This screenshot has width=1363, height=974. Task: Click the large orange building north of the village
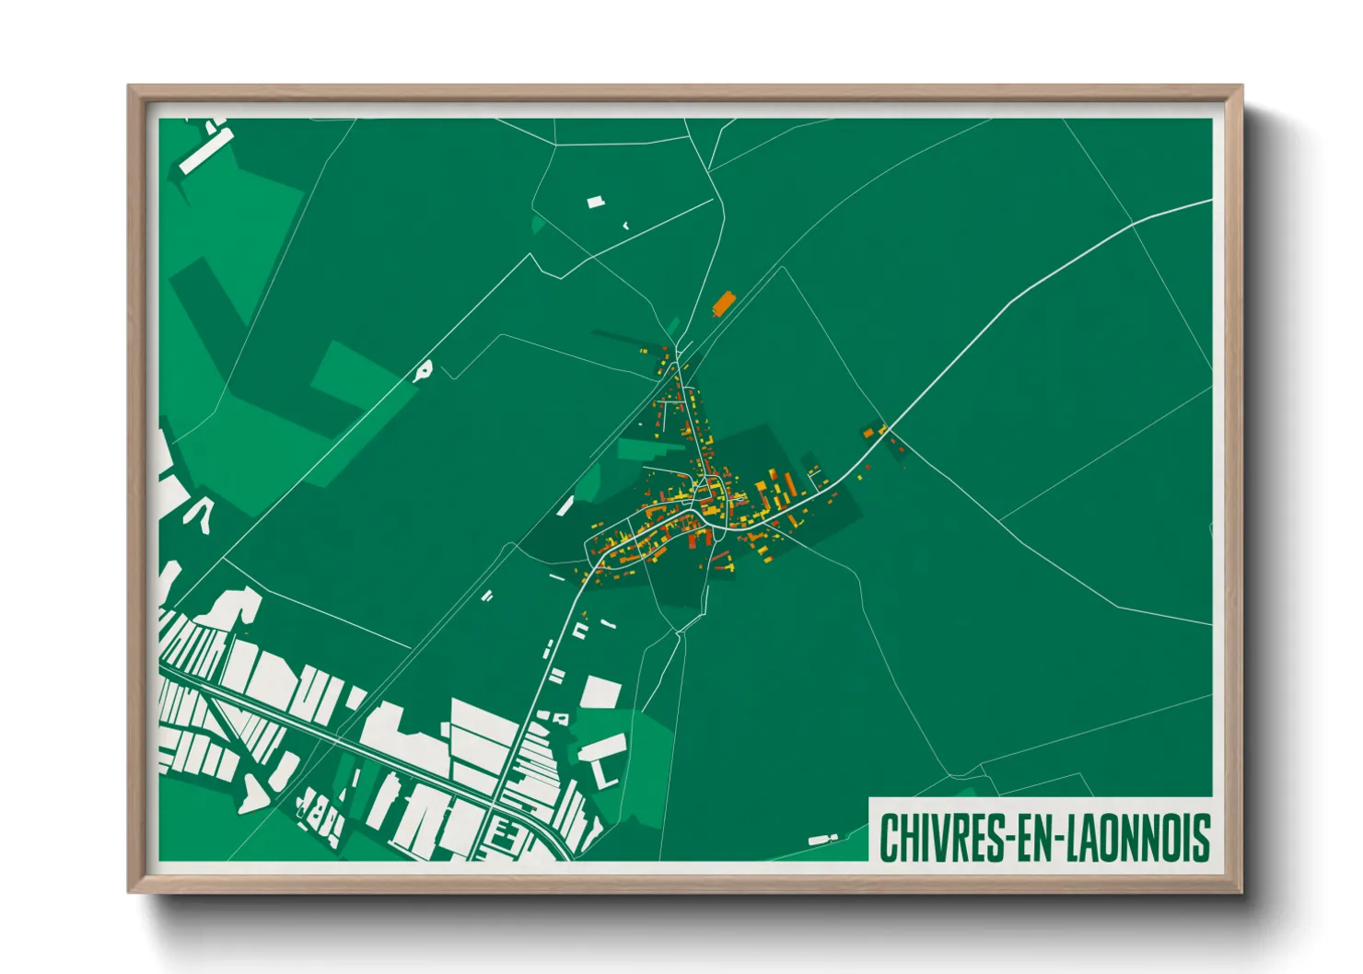(723, 303)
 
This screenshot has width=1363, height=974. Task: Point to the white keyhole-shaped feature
(423, 370)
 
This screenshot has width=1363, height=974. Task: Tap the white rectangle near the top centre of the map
(596, 202)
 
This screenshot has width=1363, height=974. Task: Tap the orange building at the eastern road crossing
(868, 431)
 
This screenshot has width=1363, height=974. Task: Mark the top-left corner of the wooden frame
(130, 87)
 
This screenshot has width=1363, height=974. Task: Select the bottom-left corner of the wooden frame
(130, 891)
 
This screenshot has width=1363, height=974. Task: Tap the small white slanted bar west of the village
(565, 505)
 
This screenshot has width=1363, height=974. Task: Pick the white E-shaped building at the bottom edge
(501, 836)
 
